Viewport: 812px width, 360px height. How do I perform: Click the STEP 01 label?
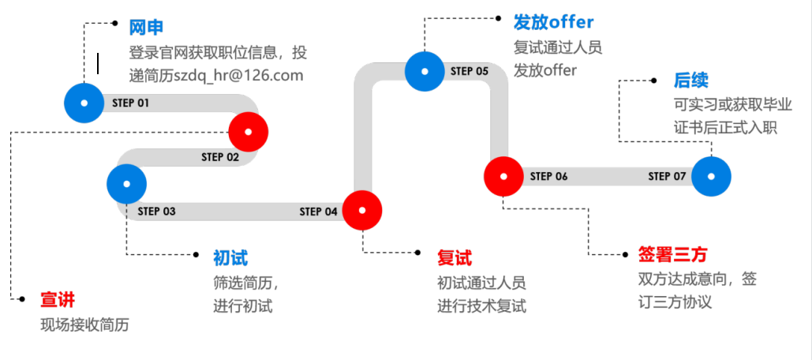(x=130, y=103)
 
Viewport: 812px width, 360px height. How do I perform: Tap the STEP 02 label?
(x=219, y=157)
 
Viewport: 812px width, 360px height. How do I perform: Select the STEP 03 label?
(x=156, y=211)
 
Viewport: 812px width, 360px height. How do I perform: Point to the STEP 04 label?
(x=318, y=211)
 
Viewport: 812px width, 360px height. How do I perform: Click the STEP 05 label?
(x=470, y=71)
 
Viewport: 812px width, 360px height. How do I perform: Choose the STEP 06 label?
(x=548, y=176)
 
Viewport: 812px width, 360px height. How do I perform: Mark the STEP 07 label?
(x=667, y=176)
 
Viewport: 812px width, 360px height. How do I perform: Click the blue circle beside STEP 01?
(x=84, y=103)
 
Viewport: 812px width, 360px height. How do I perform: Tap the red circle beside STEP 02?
(x=249, y=131)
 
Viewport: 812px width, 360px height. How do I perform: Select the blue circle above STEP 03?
(x=127, y=183)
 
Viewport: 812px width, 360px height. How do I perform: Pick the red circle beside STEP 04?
(x=362, y=210)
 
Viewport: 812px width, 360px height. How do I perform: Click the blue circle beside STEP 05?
(x=425, y=71)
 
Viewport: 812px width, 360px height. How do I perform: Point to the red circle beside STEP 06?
(x=503, y=175)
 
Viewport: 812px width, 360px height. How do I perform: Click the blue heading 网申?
(x=147, y=28)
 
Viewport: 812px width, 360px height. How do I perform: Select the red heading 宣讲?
(x=58, y=300)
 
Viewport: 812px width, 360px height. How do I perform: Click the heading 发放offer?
(x=553, y=21)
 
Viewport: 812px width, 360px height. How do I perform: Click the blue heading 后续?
(x=690, y=81)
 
